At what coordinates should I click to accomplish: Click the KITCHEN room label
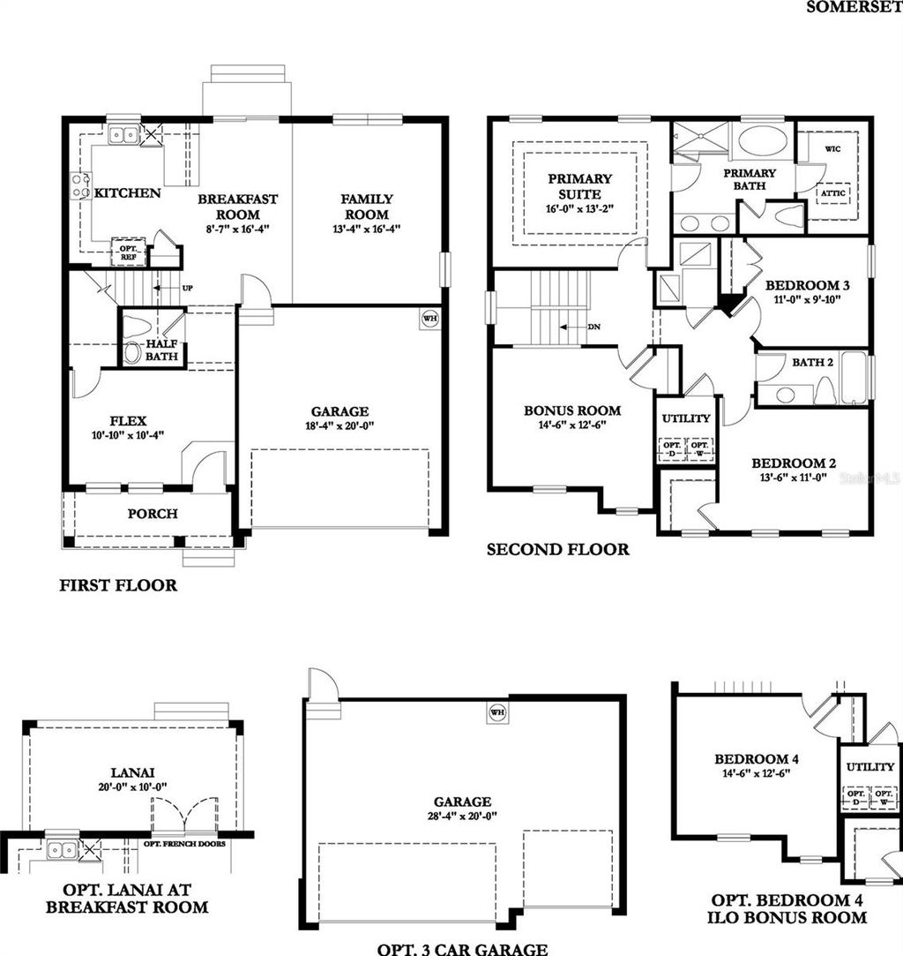[x=128, y=193]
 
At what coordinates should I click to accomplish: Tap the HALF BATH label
[x=161, y=350]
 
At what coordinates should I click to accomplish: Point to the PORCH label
[x=152, y=514]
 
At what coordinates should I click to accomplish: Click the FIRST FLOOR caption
[x=118, y=585]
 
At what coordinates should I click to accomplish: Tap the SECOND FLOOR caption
[x=558, y=550]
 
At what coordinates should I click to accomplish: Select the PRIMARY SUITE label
[x=579, y=186]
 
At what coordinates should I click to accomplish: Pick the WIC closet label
[x=832, y=149]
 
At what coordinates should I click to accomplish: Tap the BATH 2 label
[x=812, y=363]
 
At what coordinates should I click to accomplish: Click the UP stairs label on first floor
[x=187, y=289]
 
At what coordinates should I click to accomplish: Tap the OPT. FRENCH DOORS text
[x=184, y=844]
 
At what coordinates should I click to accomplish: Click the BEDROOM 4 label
[x=750, y=759]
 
